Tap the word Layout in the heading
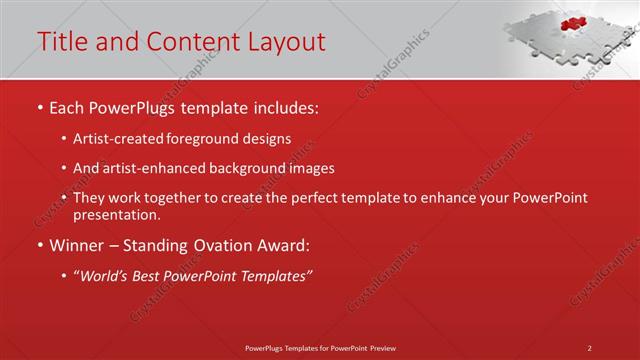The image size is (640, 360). coord(284,42)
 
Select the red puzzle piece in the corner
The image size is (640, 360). coord(572,23)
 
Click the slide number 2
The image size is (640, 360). coord(590,348)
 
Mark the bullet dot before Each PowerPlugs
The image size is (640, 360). coord(40,107)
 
